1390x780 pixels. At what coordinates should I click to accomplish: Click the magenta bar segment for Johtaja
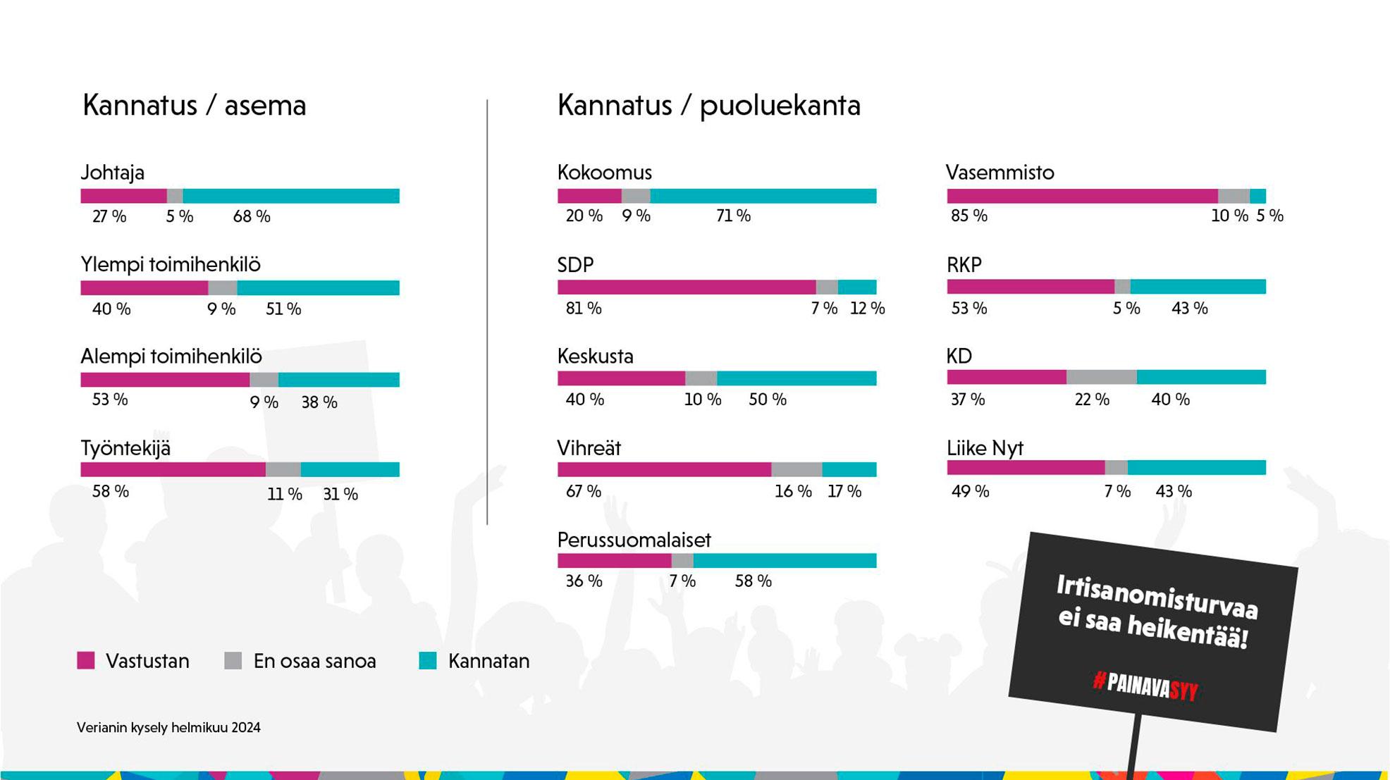[123, 196]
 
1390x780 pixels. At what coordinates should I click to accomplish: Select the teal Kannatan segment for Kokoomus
[763, 196]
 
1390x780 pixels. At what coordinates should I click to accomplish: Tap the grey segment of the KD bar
[1101, 378]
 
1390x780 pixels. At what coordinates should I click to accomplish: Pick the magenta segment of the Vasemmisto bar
[1082, 196]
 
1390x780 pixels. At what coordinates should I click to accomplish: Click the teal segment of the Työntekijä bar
[350, 470]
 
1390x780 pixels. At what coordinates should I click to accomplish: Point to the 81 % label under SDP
[584, 309]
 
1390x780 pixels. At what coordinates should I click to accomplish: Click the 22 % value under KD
[1092, 400]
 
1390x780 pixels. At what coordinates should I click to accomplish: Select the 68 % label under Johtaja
[252, 217]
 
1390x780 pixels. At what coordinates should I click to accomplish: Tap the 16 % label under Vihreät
[793, 492]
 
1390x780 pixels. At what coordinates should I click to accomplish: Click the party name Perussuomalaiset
[634, 540]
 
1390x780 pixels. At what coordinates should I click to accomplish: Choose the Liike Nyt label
[985, 448]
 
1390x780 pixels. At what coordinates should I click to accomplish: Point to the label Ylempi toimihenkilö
[171, 265]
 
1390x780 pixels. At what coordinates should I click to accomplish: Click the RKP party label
[964, 265]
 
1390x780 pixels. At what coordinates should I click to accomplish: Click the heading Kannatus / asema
[195, 106]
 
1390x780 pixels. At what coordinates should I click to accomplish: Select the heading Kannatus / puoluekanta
[708, 106]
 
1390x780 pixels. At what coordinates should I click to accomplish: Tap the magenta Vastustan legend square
[86, 661]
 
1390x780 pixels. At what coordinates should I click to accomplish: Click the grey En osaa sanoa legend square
[233, 661]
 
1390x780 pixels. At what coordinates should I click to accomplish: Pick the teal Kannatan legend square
[428, 661]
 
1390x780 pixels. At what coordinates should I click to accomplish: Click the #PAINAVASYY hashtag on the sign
[1145, 685]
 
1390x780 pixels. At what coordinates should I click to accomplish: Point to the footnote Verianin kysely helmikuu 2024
[168, 728]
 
